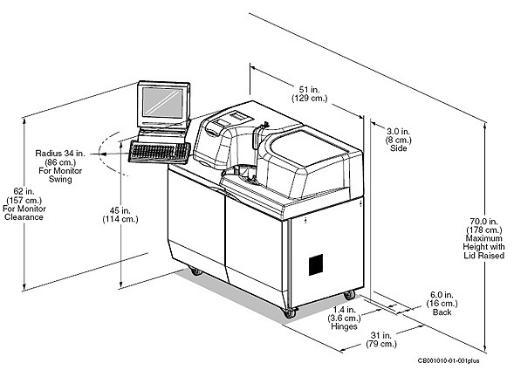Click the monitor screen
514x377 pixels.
click(163, 103)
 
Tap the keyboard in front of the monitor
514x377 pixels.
click(160, 152)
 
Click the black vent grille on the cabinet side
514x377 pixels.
click(316, 264)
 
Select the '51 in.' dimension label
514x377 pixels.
click(309, 89)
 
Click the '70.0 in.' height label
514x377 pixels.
click(483, 222)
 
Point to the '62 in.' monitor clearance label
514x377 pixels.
click(24, 191)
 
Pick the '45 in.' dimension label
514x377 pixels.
click(120, 211)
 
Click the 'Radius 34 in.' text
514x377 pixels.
click(60, 153)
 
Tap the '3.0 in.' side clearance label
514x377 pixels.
click(398, 132)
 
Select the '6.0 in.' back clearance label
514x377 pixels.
click(442, 295)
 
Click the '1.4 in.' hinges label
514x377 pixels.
click(344, 310)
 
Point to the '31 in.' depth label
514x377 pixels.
click(380, 335)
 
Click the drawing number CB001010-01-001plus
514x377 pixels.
click(449, 361)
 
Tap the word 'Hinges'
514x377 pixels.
click(344, 326)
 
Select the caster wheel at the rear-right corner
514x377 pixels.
click(349, 295)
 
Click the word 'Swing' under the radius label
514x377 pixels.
click(60, 179)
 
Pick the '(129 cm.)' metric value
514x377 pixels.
click(310, 98)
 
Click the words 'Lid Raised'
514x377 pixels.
click(483, 256)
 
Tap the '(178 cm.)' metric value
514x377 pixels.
click(483, 230)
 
